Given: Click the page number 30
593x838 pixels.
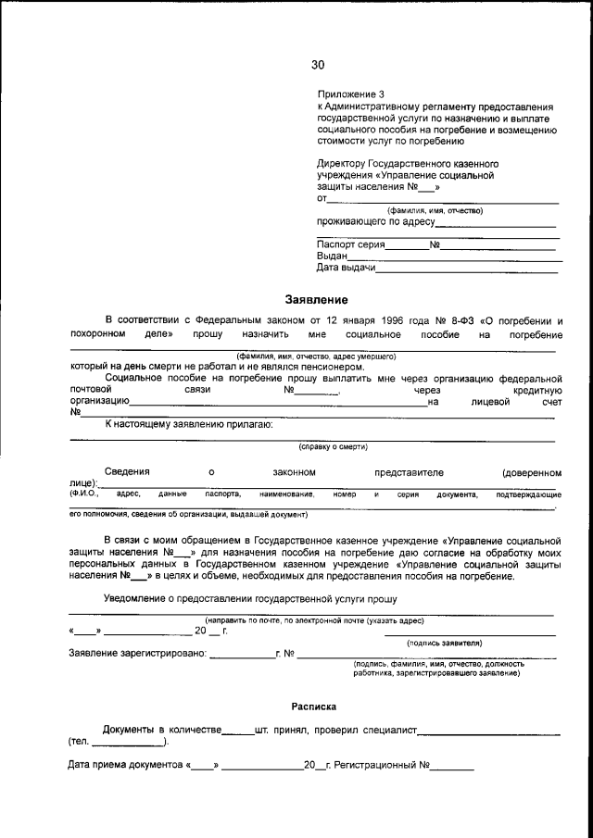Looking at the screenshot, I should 318,65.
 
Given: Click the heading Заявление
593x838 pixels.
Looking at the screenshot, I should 316,300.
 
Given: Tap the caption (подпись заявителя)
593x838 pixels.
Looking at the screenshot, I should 444,643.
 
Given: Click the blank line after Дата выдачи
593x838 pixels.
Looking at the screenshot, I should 467,269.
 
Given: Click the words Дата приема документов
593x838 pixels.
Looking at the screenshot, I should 126,766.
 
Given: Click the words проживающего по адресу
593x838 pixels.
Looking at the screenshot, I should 376,222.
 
